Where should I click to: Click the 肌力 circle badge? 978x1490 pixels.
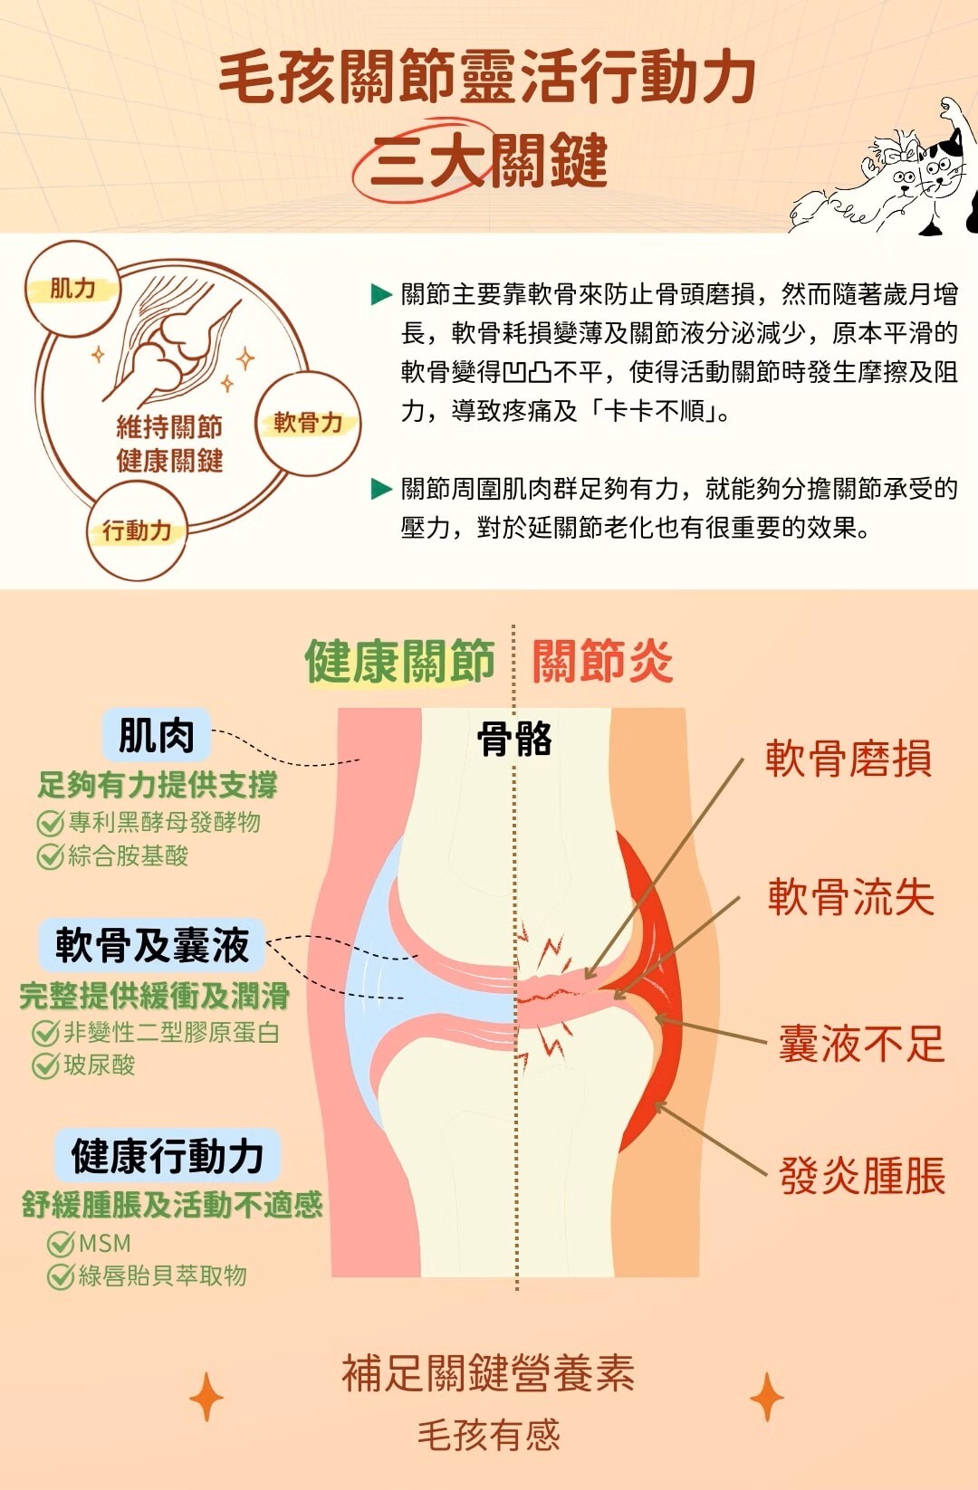72,289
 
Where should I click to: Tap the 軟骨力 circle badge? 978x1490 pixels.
308,423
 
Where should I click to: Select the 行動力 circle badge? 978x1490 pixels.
137,530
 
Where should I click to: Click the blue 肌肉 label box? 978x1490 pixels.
156,735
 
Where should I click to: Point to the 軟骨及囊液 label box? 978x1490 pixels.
152,945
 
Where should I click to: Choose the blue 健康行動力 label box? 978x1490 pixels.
168,1156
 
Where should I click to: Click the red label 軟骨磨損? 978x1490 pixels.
849,759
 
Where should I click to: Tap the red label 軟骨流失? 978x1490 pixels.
851,897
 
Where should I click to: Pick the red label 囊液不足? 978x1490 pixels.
861,1044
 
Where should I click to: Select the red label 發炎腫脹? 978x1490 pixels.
862,1176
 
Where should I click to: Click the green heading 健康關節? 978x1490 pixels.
399,662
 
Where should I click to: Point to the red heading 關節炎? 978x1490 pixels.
603,662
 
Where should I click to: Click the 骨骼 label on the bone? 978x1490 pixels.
514,740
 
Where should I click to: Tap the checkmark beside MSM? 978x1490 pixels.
61,1244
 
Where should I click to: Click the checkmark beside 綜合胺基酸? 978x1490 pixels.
50,856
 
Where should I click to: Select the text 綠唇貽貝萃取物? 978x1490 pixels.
163,1276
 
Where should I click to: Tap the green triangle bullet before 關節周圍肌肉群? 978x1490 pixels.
381,490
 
